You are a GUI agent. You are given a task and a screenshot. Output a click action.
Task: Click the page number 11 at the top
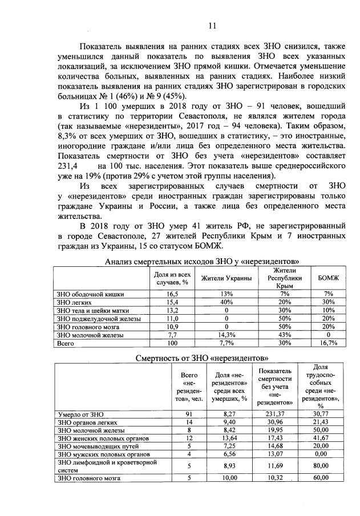pyautogui.click(x=212, y=25)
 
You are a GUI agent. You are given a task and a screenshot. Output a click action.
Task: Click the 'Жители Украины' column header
pyautogui.click(x=226, y=278)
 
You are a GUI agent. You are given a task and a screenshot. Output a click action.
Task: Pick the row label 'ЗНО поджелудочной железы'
pyautogui.click(x=94, y=318)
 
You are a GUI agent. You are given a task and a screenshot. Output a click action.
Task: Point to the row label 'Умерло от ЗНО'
pyautogui.click(x=78, y=413)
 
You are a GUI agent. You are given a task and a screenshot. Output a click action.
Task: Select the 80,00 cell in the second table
pyautogui.click(x=325, y=466)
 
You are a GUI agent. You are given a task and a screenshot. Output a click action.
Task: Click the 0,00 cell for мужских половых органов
pyautogui.click(x=325, y=454)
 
